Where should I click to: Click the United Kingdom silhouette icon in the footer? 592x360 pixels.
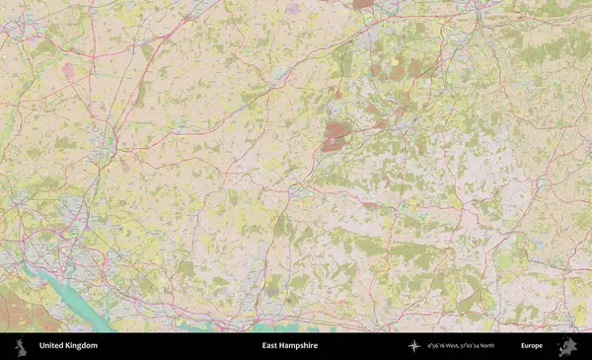[20, 346]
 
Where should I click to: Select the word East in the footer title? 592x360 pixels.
[270, 346]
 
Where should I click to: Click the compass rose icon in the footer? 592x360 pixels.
[414, 346]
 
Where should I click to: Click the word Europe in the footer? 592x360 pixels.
[532, 346]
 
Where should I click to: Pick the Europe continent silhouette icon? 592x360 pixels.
[566, 346]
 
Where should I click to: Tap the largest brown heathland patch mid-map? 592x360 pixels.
[336, 135]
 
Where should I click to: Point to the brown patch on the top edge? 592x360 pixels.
[363, 4]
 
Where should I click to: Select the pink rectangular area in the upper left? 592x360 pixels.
[68, 71]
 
